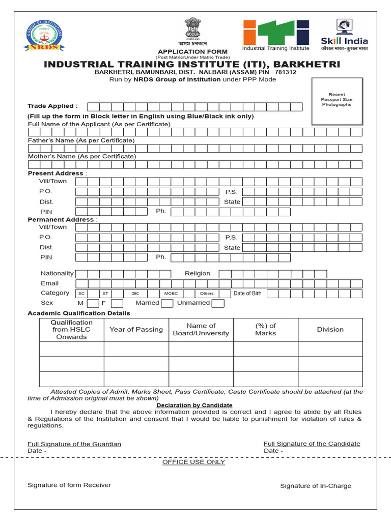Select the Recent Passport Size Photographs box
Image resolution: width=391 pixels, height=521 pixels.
point(337,101)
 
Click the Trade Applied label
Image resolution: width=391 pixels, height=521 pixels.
point(52,106)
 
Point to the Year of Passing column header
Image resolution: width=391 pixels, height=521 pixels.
point(136,330)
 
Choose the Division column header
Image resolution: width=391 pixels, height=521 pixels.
point(330,330)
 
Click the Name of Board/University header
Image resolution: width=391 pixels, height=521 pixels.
point(201,330)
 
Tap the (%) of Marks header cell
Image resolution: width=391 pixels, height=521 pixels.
point(265,330)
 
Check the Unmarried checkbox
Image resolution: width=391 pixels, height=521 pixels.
point(218,304)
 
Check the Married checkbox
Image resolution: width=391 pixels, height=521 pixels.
point(167,304)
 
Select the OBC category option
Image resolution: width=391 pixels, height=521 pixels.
point(135,294)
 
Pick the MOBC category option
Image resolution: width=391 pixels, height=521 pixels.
point(171,294)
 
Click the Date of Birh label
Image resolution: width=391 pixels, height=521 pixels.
point(247,294)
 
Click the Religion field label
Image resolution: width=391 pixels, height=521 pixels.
point(198,274)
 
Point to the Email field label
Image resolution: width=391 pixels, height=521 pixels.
point(50,283)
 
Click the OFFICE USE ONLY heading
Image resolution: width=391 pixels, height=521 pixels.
point(193,462)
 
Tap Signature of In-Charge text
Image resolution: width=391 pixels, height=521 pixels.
point(316,486)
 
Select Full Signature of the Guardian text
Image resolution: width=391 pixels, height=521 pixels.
point(74,444)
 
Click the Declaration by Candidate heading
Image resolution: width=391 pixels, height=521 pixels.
point(194,406)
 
